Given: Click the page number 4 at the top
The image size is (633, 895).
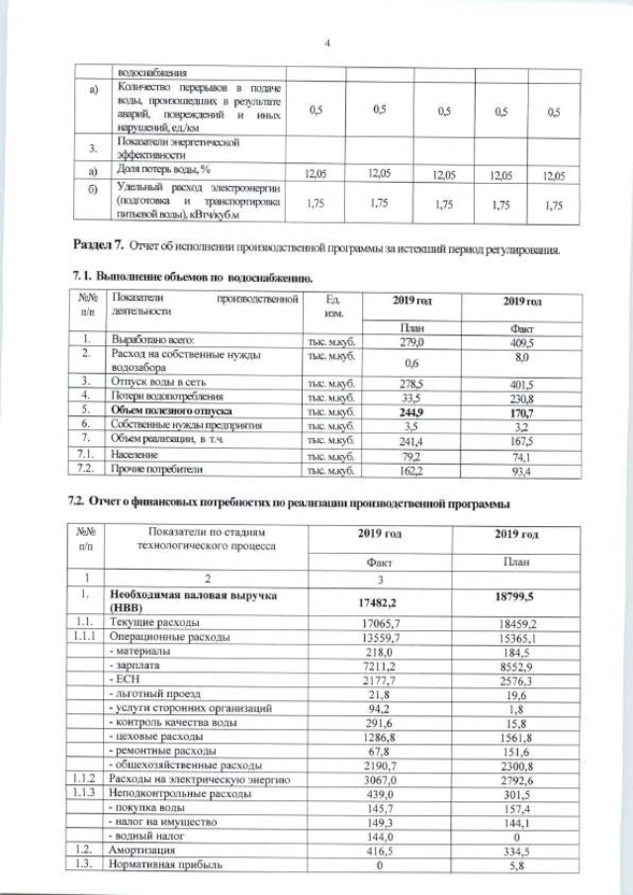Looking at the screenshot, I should (327, 42).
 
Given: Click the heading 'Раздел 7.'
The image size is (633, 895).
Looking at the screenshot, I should (100, 244).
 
